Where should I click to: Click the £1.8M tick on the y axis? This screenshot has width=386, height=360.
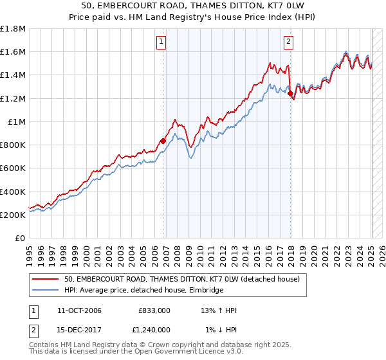[x=13, y=29]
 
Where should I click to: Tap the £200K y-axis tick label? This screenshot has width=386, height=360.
[x=13, y=215]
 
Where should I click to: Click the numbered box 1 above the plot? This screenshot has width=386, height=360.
[x=160, y=42]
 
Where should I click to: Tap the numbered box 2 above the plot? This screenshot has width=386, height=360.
[x=288, y=42]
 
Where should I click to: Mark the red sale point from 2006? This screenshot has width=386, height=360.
[x=163, y=141]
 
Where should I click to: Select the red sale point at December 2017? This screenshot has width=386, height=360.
[x=291, y=94]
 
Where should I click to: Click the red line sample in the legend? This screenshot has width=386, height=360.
[x=46, y=279]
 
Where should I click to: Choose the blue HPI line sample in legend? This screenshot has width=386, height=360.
[x=46, y=290]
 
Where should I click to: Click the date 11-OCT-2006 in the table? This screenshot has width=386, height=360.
[x=80, y=311]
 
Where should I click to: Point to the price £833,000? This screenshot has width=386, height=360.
[x=154, y=311]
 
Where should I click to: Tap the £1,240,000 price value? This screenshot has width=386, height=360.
[x=151, y=330]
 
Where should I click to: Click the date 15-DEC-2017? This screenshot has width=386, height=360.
[x=80, y=330]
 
